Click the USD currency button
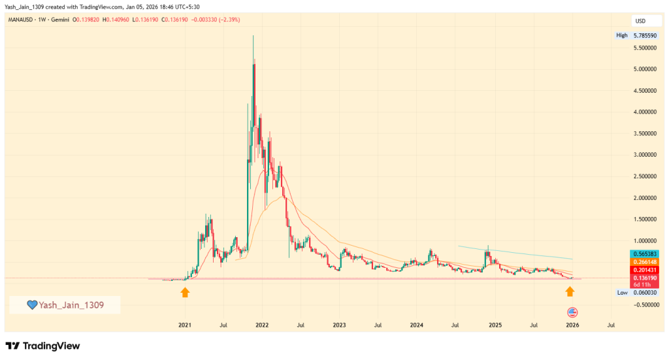point(642,20)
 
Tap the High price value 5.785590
point(648,35)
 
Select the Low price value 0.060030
point(648,293)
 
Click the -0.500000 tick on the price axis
point(645,305)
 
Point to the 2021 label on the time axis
point(185,324)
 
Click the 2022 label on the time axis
point(262,324)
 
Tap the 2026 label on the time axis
point(572,324)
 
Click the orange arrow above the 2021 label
point(185,292)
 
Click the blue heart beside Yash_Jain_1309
point(31,304)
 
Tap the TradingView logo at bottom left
point(42,346)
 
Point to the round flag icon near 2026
point(572,312)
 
